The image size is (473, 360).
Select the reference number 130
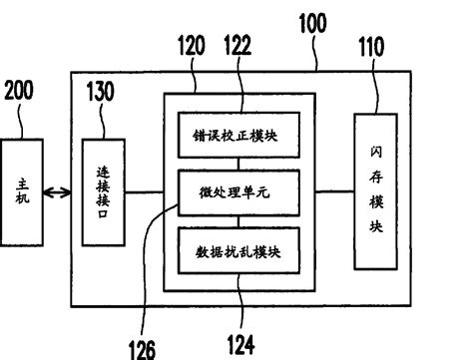tap(101, 93)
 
